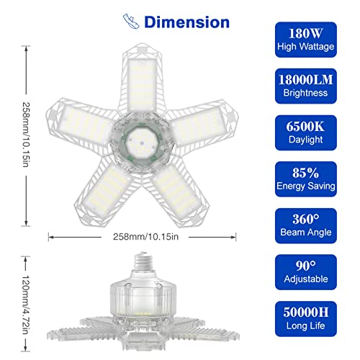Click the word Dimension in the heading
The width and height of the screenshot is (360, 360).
click(186, 22)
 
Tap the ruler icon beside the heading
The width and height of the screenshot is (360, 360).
click(131, 22)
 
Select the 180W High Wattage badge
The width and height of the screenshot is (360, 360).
click(306, 40)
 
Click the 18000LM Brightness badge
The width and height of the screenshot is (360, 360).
click(306, 86)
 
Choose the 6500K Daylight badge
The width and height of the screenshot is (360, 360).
click(306, 132)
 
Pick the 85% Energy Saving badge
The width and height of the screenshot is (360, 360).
click(306, 179)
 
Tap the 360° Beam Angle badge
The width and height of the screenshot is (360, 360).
click(306, 225)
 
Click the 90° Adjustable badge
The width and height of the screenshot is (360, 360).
click(306, 272)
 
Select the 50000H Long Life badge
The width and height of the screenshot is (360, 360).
click(306, 319)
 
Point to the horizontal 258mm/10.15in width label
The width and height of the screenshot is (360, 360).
click(145, 237)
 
